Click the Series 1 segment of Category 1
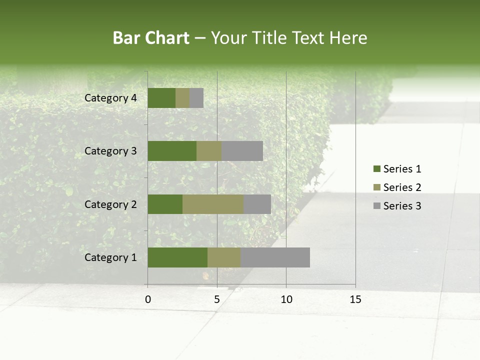pyautogui.click(x=177, y=257)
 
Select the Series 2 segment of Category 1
pyautogui.click(x=224, y=257)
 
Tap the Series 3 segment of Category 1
pyautogui.click(x=275, y=257)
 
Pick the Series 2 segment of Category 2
pyautogui.click(x=213, y=204)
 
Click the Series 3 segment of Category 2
pyautogui.click(x=257, y=204)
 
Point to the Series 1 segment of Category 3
pyautogui.click(x=172, y=151)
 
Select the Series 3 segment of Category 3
pyautogui.click(x=242, y=151)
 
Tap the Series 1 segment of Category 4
pyautogui.click(x=161, y=98)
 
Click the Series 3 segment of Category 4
pyautogui.click(x=196, y=98)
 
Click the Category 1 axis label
pyautogui.click(x=110, y=257)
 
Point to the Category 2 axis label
pyautogui.click(x=110, y=204)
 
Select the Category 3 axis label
pyautogui.click(x=110, y=151)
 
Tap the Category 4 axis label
pyautogui.click(x=110, y=98)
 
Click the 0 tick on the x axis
pyautogui.click(x=148, y=299)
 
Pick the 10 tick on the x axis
pyautogui.click(x=286, y=299)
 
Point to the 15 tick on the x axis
pyautogui.click(x=355, y=299)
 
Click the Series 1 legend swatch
pyautogui.click(x=377, y=169)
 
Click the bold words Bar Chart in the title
pyautogui.click(x=151, y=38)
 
